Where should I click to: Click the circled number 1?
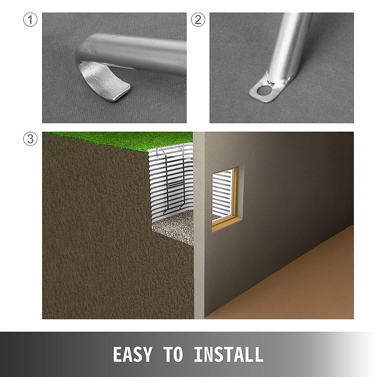click(x=30, y=20)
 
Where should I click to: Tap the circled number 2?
click(x=198, y=20)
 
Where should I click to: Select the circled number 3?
click(x=30, y=139)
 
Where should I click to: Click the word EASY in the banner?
click(x=132, y=355)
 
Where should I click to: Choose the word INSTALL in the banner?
click(x=228, y=355)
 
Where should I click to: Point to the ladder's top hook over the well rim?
click(x=165, y=151)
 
